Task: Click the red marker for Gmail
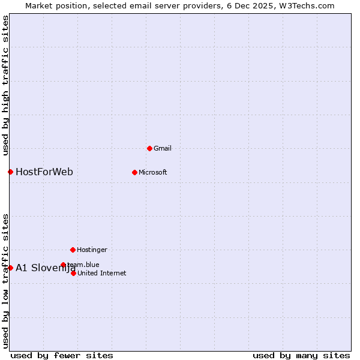[149, 148]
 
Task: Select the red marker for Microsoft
[134, 172]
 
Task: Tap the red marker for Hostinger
[73, 250]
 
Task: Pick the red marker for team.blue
[63, 265]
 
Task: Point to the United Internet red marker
[73, 273]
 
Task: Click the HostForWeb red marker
[10, 172]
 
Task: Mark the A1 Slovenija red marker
[10, 268]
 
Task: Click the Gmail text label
[163, 148]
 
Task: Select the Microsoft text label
[152, 172]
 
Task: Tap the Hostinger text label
[92, 250]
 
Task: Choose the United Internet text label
[101, 273]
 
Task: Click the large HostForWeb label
[44, 172]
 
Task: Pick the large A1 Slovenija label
[46, 268]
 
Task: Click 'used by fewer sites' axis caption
[62, 355]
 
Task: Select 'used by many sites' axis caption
[301, 355]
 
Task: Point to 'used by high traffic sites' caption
[5, 86]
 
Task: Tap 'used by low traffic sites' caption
[5, 280]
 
